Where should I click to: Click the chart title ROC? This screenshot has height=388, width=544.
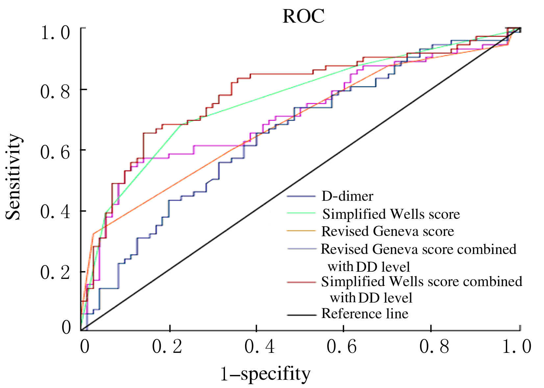[x=303, y=16]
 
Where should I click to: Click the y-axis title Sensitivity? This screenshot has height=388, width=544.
[x=14, y=177]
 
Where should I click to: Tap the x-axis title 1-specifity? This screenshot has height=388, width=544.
[x=265, y=374]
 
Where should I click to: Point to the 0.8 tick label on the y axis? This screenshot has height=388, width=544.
[x=55, y=91]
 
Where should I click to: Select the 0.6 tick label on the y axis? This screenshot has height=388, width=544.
[x=55, y=152]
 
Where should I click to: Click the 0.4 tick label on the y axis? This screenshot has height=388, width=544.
[x=55, y=212]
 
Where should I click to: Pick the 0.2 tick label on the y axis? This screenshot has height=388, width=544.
[x=55, y=272]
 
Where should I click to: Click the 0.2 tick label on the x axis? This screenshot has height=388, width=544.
[x=167, y=347]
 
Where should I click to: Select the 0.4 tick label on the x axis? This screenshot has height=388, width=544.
[x=260, y=347]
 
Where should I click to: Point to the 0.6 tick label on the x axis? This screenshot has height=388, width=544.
[x=342, y=347]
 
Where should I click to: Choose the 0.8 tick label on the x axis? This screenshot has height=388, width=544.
[x=434, y=347]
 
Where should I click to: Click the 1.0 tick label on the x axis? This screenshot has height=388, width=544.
[x=517, y=347]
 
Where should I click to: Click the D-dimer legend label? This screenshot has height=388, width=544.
[x=347, y=196]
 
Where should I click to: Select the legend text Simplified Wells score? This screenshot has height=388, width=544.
[x=391, y=214]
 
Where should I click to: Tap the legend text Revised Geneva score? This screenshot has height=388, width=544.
[x=387, y=232]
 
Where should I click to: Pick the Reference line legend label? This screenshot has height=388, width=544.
[x=365, y=314]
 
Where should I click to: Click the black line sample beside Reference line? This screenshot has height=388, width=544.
[x=301, y=315]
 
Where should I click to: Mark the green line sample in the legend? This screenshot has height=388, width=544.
[x=301, y=213]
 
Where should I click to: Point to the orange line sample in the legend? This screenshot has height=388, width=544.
[x=301, y=231]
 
